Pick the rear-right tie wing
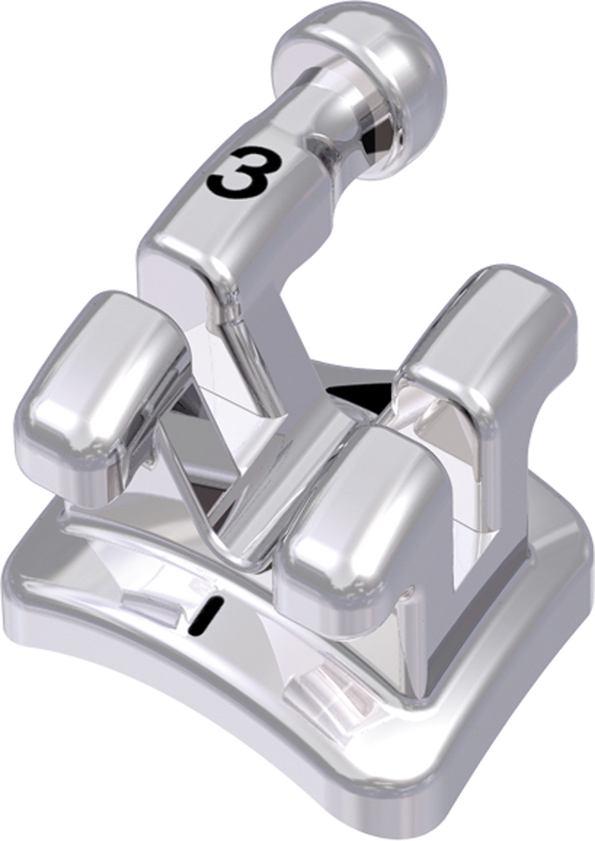point(487,336)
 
